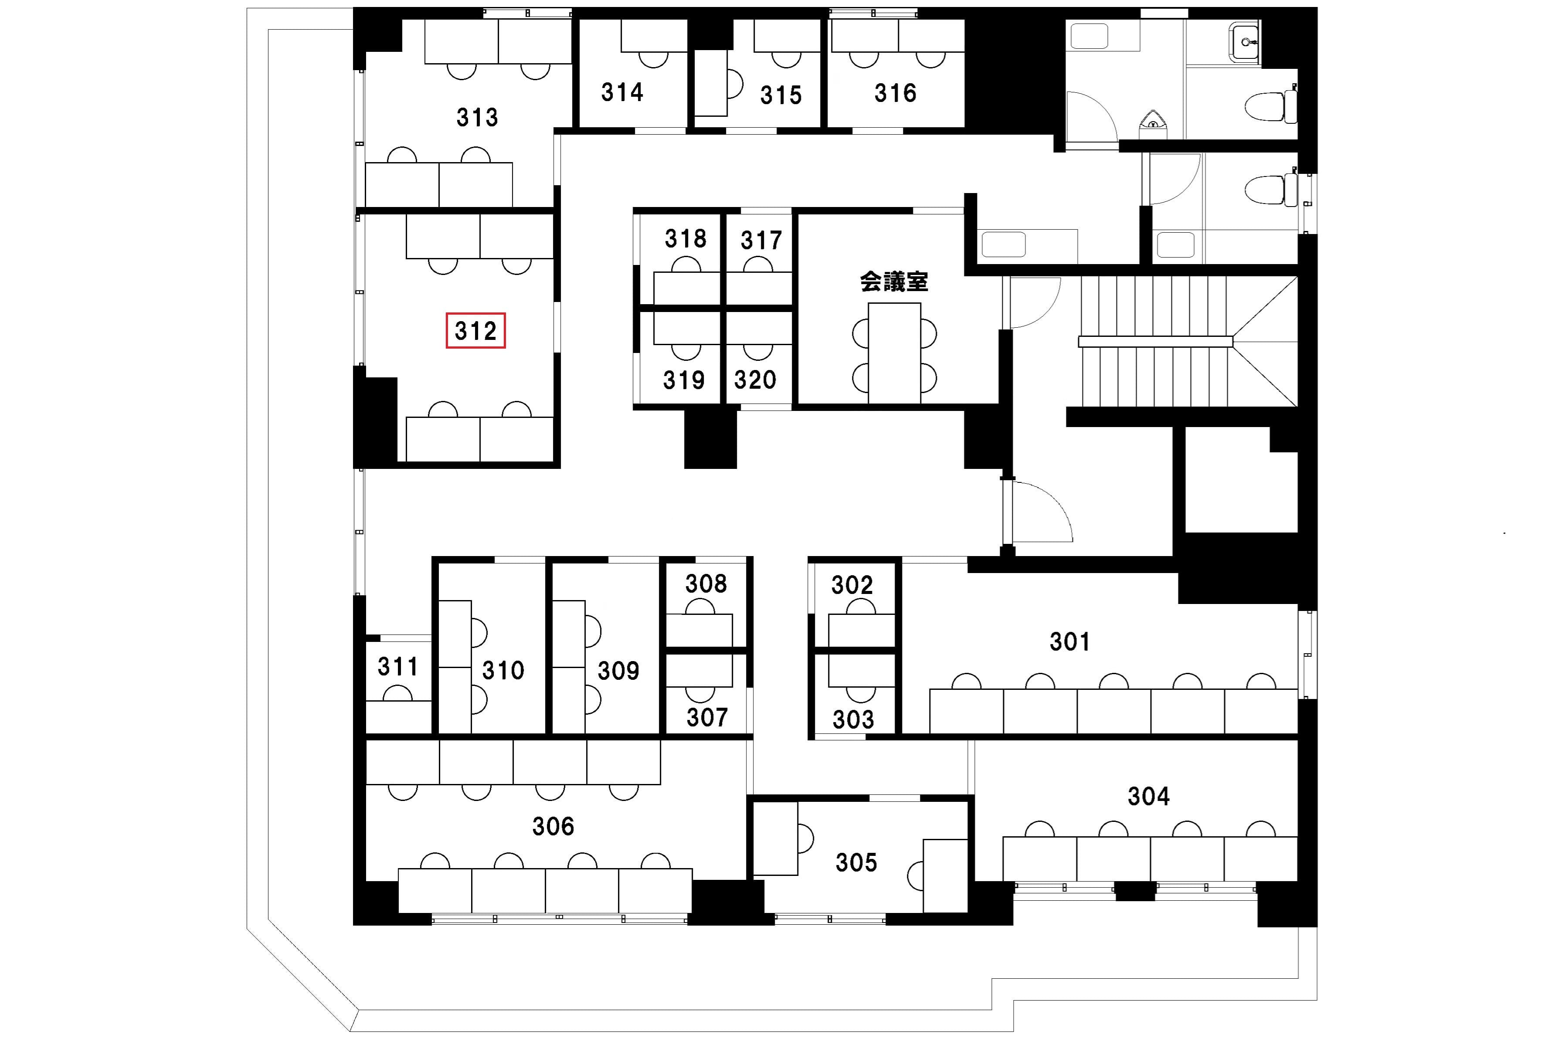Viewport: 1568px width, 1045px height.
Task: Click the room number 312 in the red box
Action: click(x=476, y=331)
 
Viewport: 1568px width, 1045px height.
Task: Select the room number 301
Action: click(x=1069, y=642)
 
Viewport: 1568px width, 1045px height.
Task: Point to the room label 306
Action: click(x=553, y=826)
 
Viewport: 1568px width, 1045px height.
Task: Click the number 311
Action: click(x=398, y=666)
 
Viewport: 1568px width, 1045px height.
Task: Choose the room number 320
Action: click(x=755, y=380)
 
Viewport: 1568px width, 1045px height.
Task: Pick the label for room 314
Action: click(x=622, y=92)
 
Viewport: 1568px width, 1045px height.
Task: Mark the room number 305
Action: click(x=856, y=862)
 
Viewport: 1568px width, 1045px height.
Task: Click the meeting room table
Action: click(x=894, y=353)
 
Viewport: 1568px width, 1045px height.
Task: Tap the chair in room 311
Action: click(x=398, y=693)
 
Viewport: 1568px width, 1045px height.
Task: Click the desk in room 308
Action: click(x=699, y=630)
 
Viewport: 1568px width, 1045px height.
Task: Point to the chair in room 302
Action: click(x=861, y=607)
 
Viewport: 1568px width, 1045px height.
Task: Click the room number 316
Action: click(x=896, y=93)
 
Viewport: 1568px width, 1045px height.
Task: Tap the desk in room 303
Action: click(x=861, y=671)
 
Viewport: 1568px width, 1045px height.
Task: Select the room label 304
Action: click(x=1148, y=796)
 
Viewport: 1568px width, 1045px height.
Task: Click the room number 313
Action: click(x=477, y=117)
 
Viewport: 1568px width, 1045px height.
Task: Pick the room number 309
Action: click(x=618, y=671)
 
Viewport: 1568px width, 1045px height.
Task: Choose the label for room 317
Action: click(x=761, y=240)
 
